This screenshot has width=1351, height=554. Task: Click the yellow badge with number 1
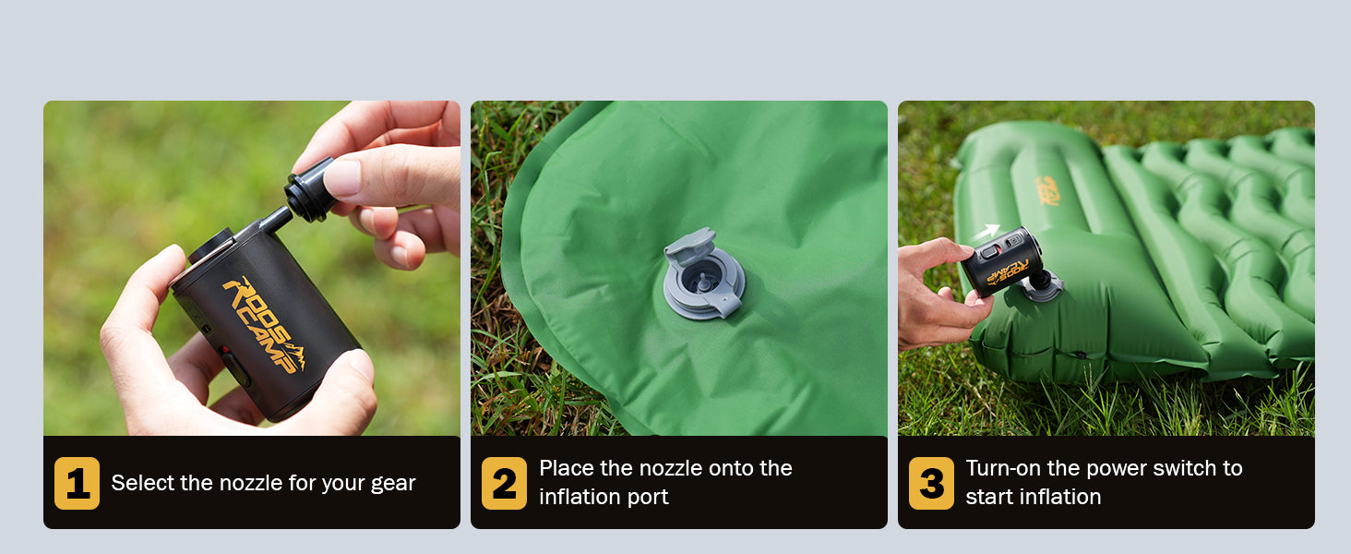[x=77, y=483]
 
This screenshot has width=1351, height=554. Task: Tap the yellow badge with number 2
[x=504, y=483]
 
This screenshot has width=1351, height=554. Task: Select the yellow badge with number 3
[x=931, y=483]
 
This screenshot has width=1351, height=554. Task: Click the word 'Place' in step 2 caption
[x=567, y=468]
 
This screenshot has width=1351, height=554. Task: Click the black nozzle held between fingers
[x=309, y=190]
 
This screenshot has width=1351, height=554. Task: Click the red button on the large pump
[x=225, y=350]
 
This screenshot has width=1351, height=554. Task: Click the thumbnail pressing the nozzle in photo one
[x=341, y=176]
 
